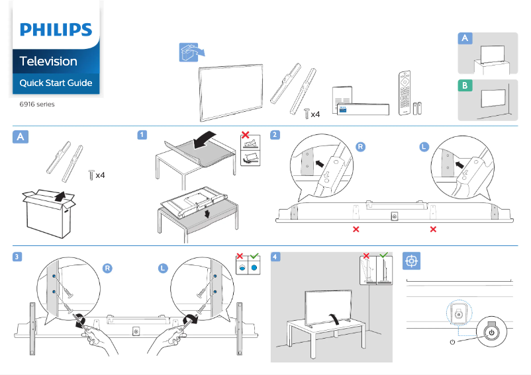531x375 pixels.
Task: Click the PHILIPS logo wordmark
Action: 56,30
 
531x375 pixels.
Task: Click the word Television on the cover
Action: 48,62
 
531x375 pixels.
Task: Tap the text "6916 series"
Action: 37,104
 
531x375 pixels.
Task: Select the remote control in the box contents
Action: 405,93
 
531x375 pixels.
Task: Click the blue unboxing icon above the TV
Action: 191,52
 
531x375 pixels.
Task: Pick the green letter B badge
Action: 465,85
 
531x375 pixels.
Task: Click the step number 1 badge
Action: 142,135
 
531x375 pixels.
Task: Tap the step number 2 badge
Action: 275,135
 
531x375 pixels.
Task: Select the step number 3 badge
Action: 17,257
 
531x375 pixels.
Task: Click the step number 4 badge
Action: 275,257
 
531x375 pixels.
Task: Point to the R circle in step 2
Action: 361,147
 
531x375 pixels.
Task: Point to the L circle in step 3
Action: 163,269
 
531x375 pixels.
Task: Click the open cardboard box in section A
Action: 49,214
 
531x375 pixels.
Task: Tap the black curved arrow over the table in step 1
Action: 204,140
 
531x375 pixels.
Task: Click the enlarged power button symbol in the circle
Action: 491,333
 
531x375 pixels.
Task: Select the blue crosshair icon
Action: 411,261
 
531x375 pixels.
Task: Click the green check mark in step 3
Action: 254,255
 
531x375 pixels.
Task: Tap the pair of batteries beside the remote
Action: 418,108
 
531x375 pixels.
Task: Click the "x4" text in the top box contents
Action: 315,114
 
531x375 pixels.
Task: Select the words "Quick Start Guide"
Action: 56,83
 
